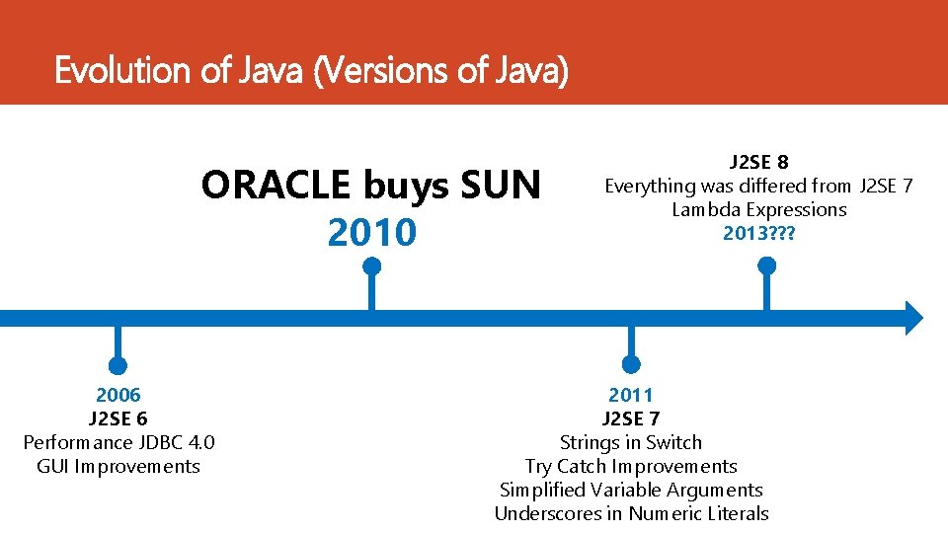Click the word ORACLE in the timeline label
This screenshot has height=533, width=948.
point(276,186)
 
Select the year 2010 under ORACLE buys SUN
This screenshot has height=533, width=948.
point(371,233)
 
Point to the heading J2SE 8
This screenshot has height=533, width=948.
point(758,162)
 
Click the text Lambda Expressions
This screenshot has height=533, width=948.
point(758,209)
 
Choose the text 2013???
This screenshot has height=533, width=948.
point(758,233)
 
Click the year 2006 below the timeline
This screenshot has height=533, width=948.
point(118,395)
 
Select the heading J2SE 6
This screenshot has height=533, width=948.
point(118,419)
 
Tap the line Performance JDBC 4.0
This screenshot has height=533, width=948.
point(118,442)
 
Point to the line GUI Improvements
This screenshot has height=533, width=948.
point(118,466)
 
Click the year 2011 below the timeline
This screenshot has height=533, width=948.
point(631,395)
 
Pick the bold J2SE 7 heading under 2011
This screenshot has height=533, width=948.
point(631,419)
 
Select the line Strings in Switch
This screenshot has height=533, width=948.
point(631,442)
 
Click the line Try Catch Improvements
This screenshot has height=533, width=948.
point(631,466)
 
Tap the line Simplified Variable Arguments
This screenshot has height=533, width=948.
point(631,490)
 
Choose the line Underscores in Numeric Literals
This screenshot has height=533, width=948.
point(631,513)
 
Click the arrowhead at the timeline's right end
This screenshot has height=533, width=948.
point(913,318)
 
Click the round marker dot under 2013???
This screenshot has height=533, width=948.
point(766,266)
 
